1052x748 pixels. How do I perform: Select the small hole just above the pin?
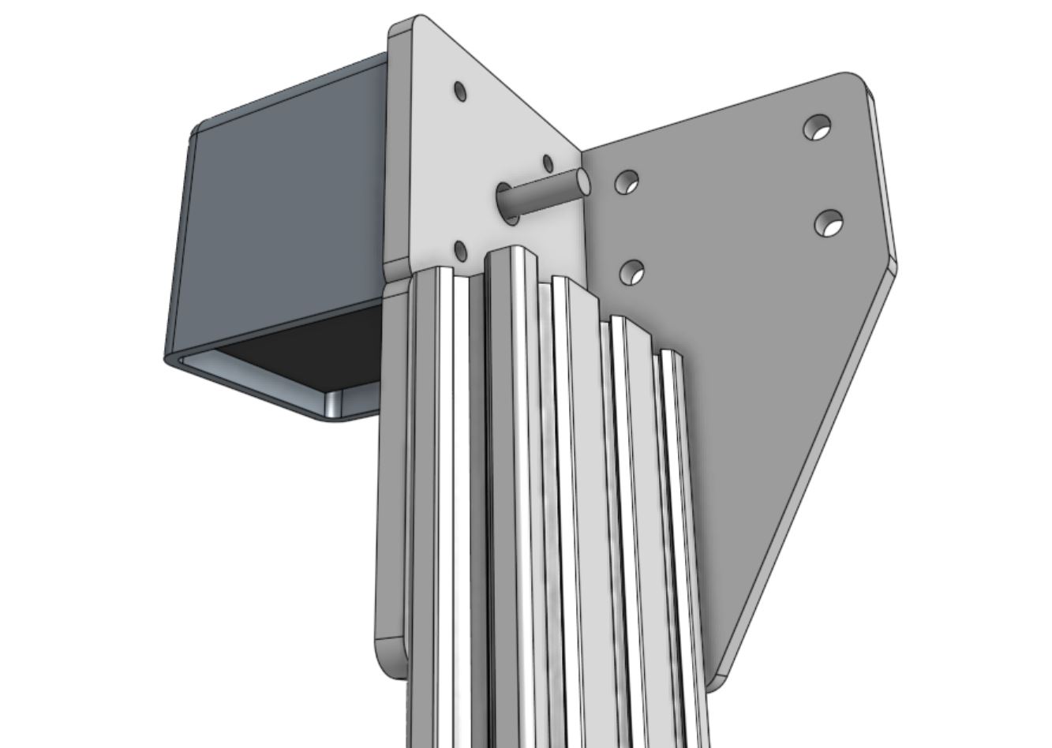pos(548,163)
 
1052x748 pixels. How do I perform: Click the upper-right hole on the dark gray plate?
pos(818,126)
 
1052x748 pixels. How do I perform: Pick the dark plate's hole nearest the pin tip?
pos(627,182)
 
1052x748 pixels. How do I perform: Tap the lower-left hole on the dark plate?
pos(632,273)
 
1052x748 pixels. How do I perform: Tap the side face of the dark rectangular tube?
pos(276,213)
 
